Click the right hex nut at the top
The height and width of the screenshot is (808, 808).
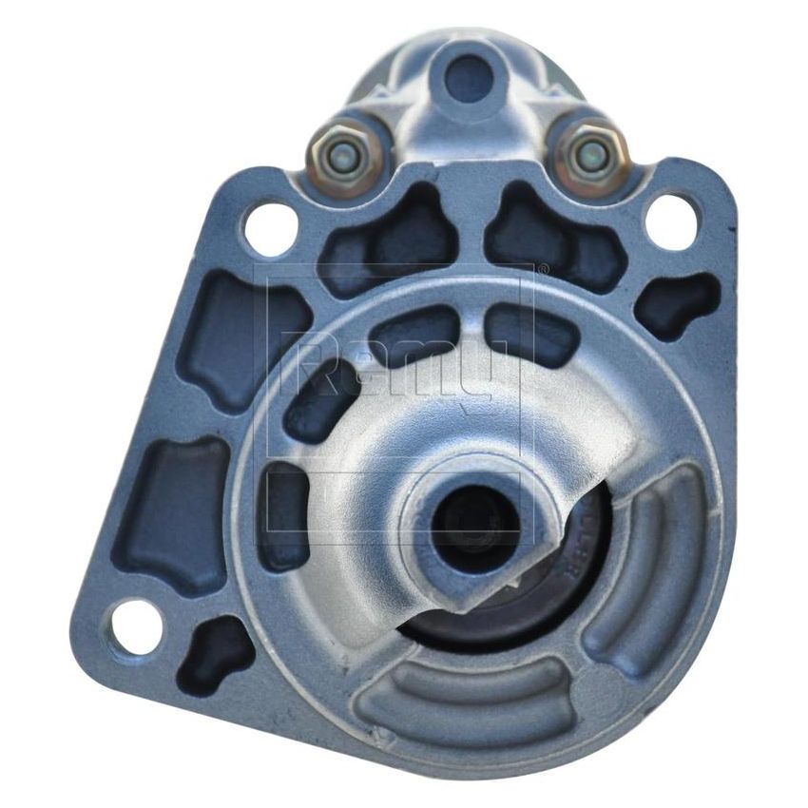pos(591,153)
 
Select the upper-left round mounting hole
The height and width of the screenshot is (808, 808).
pos(269,226)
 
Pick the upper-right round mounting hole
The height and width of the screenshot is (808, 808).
pos(671,221)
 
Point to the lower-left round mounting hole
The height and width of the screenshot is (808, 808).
pos(136,628)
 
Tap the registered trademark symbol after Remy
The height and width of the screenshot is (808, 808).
pos(543,272)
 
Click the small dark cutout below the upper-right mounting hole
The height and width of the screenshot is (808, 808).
pos(676,304)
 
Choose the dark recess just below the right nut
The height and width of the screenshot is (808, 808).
pos(551,238)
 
